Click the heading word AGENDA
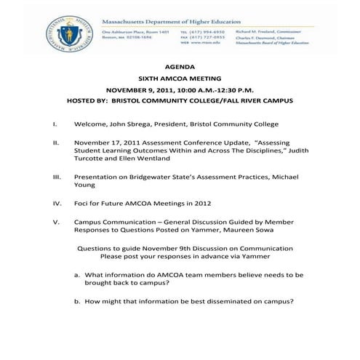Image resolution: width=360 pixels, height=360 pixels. tap(180, 66)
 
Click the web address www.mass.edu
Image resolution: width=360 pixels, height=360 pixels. tap(212, 44)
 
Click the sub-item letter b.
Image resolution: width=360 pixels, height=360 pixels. tap(77, 301)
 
